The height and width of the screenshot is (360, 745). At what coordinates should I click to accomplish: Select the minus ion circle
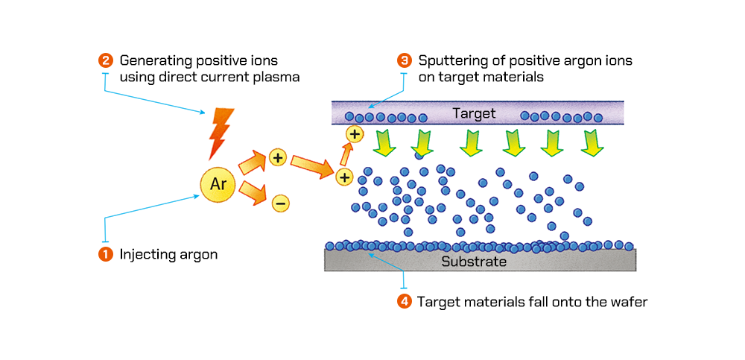[x=279, y=202]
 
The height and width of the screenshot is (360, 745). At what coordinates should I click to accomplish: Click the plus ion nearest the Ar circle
[x=277, y=158]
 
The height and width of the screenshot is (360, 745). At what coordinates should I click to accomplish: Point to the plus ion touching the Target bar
[x=355, y=134]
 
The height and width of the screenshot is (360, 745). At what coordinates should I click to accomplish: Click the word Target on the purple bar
[x=474, y=113]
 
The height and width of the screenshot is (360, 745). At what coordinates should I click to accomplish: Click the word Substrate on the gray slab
[x=474, y=262]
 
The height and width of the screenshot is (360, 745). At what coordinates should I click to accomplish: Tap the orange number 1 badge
[x=105, y=254]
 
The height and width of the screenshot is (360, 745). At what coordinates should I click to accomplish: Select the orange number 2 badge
[x=105, y=60]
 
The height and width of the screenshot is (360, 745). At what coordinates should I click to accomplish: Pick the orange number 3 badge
[x=405, y=60]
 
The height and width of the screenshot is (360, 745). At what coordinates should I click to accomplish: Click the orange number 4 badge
[x=405, y=302]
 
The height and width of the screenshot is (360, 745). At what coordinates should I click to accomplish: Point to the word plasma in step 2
[x=276, y=77]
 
